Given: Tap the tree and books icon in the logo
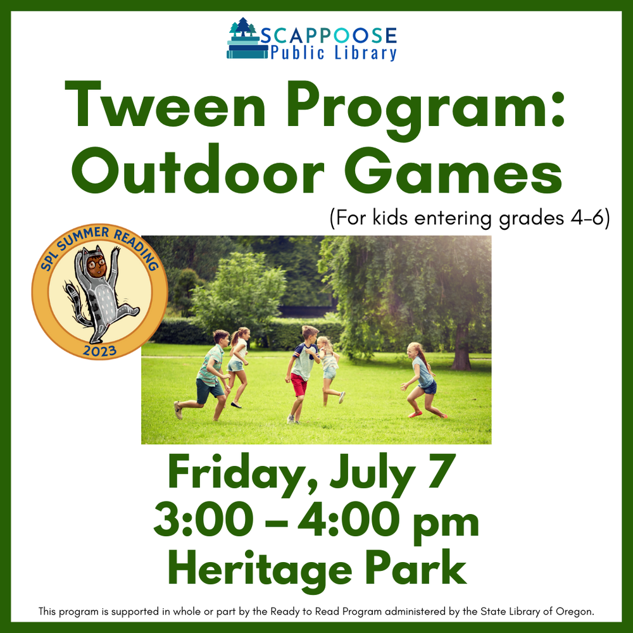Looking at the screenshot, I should coord(244,39).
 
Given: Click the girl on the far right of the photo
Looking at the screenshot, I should coord(423,380).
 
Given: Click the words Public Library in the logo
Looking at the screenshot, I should coord(333,53).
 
